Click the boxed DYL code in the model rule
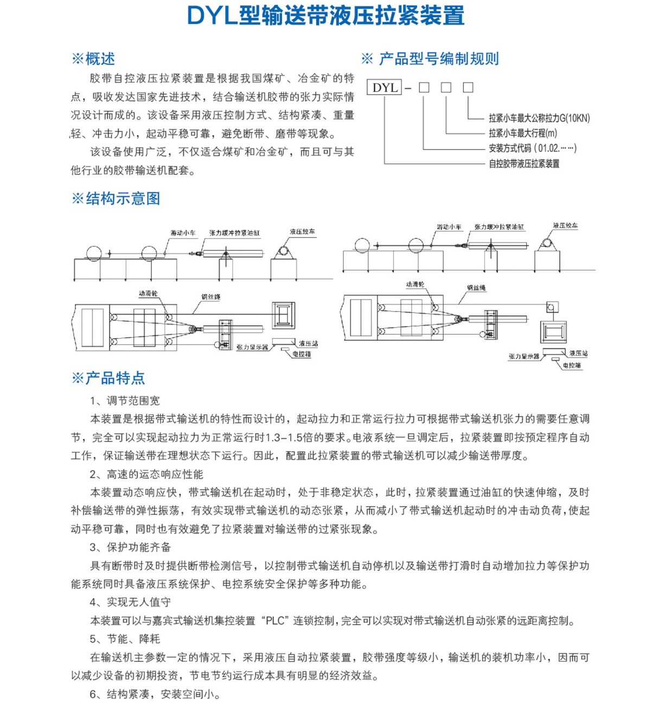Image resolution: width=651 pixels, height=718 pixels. pyautogui.click(x=385, y=87)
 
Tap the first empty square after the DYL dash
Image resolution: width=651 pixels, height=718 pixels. pyautogui.click(x=424, y=87)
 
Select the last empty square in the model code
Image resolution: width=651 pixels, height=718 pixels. pyautogui.click(x=468, y=87)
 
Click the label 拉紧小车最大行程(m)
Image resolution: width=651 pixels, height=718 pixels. pyautogui.click(x=522, y=133)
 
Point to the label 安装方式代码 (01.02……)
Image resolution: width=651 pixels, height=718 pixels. pyautogui.click(x=532, y=148)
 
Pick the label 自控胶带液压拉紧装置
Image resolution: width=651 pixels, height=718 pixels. pyautogui.click(x=524, y=163)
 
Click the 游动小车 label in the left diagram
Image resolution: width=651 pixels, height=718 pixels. pyautogui.click(x=183, y=232)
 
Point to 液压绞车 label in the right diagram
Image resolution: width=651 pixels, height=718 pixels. pyautogui.click(x=565, y=225)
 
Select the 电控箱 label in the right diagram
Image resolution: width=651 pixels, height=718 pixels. pyautogui.click(x=572, y=365)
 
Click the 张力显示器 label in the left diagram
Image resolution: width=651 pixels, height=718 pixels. pyautogui.click(x=252, y=347)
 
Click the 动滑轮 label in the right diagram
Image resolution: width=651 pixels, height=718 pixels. pyautogui.click(x=415, y=284)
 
